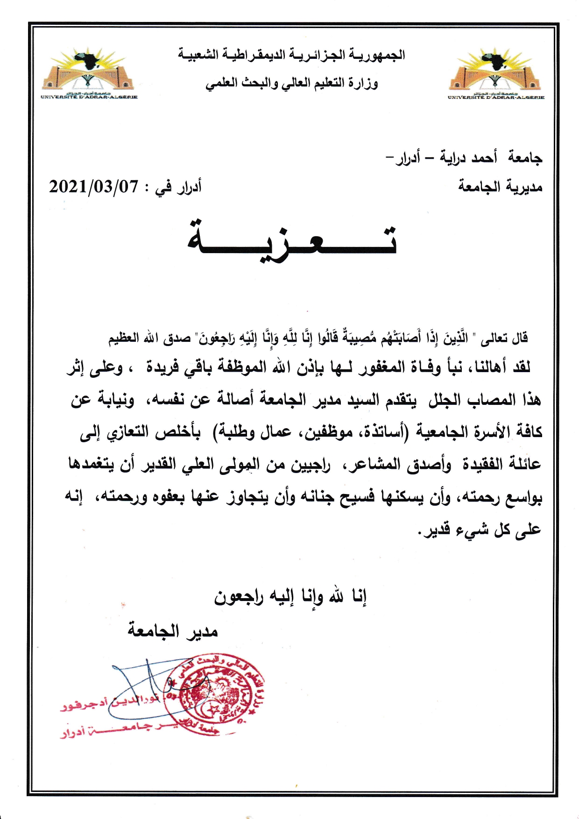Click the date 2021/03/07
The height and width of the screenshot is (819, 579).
tap(94, 187)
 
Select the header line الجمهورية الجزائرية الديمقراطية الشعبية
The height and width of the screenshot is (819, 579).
tap(291, 55)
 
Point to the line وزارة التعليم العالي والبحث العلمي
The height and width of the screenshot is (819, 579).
tap(291, 84)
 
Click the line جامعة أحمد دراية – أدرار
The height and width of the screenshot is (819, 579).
tap(463, 158)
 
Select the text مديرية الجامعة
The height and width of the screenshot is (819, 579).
tap(500, 187)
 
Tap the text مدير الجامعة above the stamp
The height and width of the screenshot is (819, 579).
tap(173, 631)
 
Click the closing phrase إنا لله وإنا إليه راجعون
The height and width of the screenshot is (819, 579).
tap(290, 596)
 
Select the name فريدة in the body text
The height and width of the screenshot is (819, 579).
tap(162, 367)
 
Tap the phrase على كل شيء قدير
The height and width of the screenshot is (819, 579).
tap(480, 530)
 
